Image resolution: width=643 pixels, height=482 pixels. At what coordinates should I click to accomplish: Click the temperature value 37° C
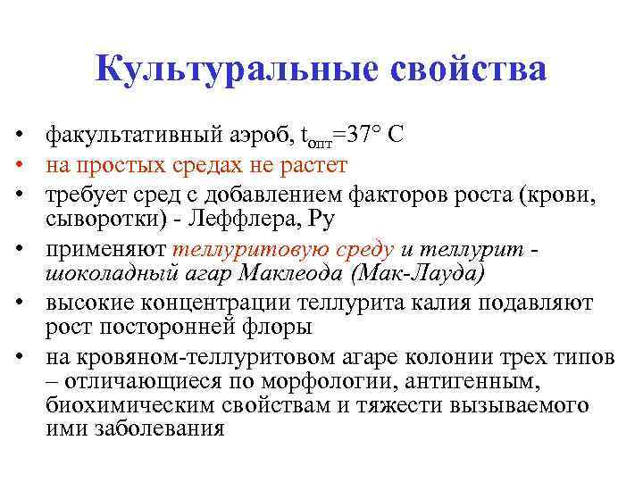(376, 137)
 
